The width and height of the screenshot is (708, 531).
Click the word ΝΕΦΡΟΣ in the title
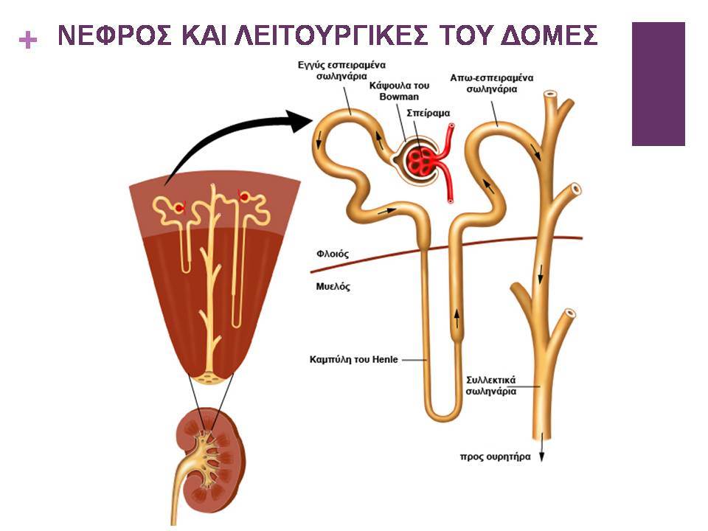pyautogui.click(x=115, y=35)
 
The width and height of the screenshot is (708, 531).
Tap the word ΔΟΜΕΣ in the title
pyautogui.click(x=549, y=35)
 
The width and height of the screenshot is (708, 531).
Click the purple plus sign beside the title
pyautogui.click(x=28, y=40)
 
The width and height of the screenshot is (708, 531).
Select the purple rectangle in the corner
pyautogui.click(x=659, y=84)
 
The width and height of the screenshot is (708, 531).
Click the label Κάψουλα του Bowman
pyautogui.click(x=399, y=91)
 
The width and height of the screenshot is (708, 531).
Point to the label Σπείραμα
pyautogui.click(x=428, y=113)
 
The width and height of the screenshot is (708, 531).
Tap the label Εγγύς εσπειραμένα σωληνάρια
pyautogui.click(x=341, y=71)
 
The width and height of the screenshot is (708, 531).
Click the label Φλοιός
pyautogui.click(x=333, y=254)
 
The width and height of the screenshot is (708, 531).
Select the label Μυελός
pyautogui.click(x=333, y=286)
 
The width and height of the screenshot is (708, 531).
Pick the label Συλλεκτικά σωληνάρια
pyautogui.click(x=491, y=386)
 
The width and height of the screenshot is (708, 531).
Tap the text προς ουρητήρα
pyautogui.click(x=496, y=457)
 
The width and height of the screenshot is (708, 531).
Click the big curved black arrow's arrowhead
pyautogui.click(x=300, y=120)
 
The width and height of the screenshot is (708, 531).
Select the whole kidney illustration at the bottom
pyautogui.click(x=208, y=465)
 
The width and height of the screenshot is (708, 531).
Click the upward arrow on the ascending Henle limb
pyautogui.click(x=457, y=319)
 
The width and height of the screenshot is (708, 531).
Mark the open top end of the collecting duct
pyautogui.click(x=551, y=95)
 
